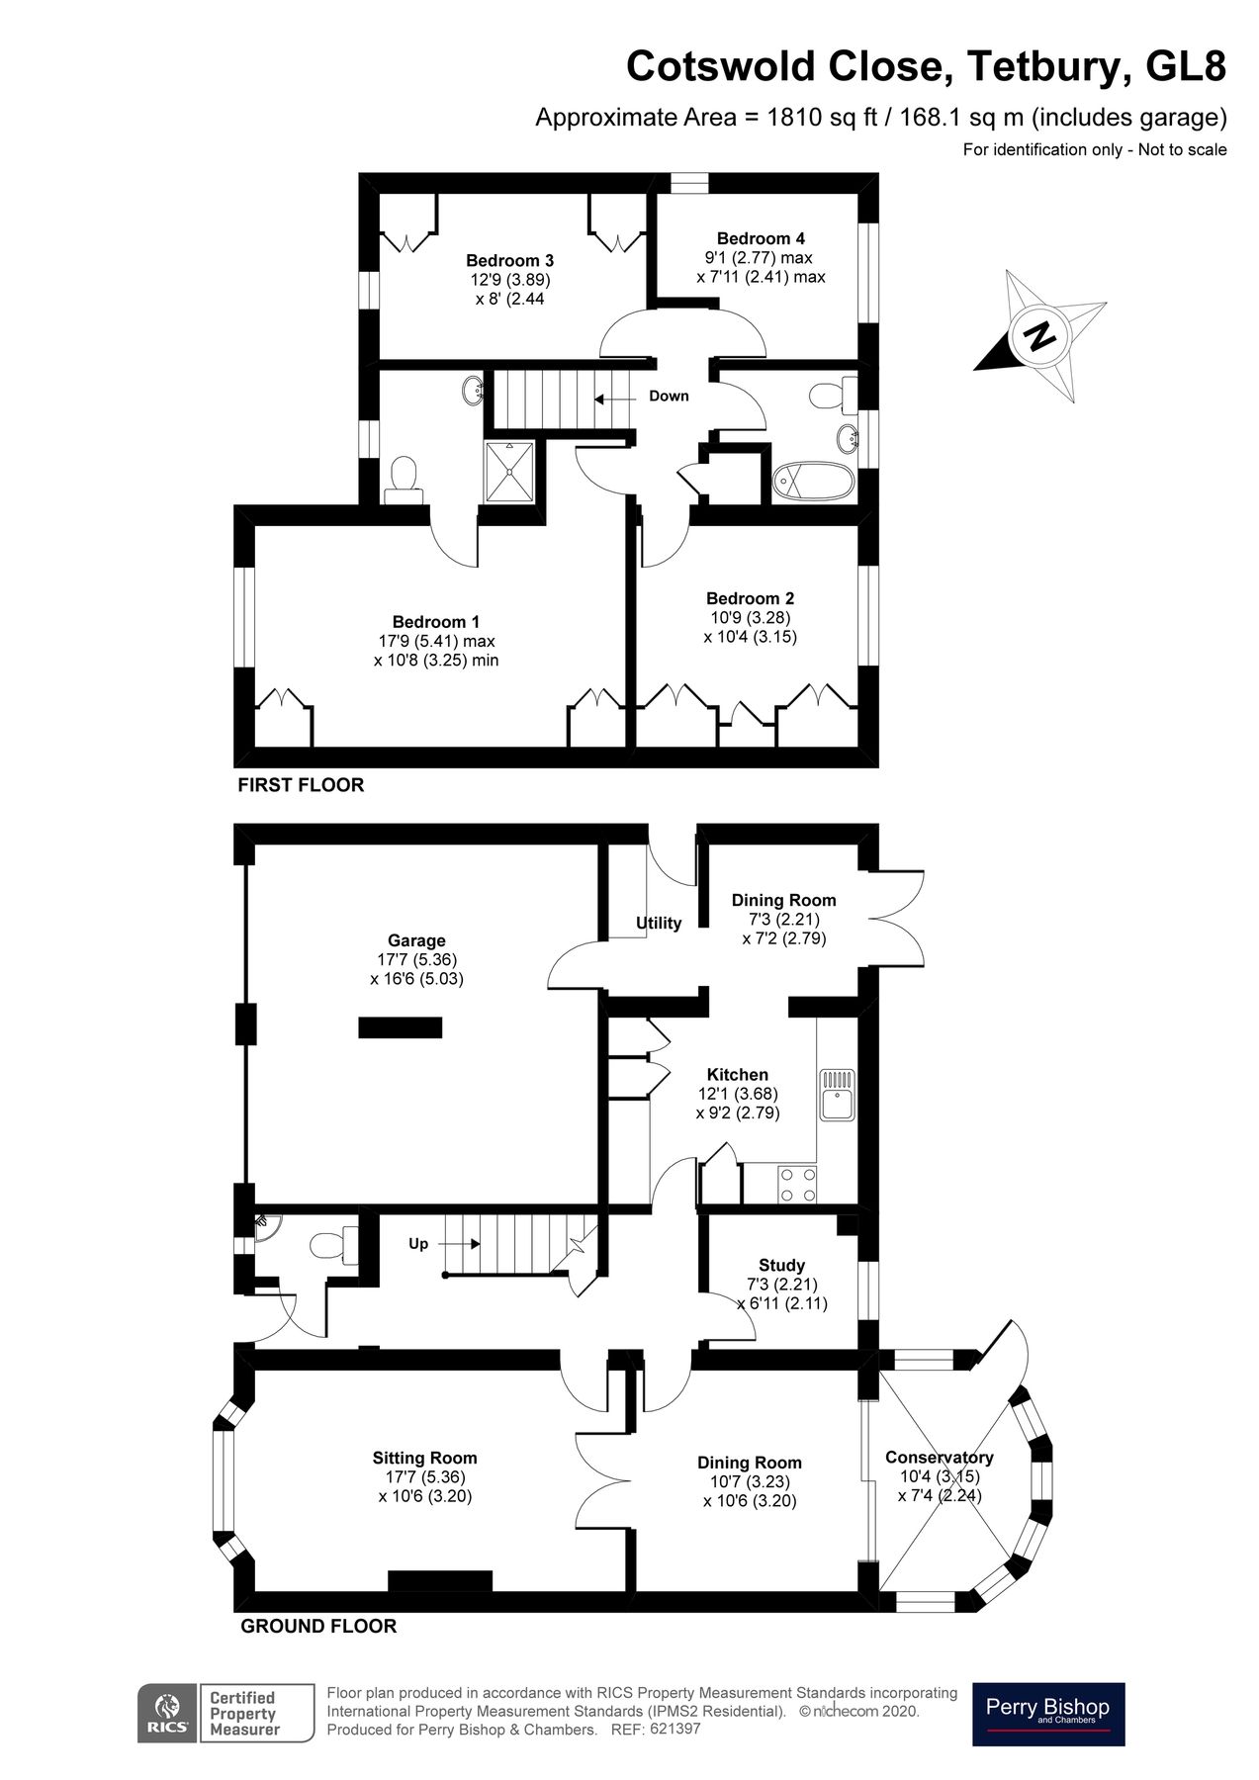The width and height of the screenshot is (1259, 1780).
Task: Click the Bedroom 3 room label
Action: [x=509, y=261]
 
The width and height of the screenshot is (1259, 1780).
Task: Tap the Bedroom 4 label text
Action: [x=760, y=238]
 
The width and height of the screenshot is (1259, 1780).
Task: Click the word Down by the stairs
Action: [x=669, y=397]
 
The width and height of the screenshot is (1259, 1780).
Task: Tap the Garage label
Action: [x=416, y=940]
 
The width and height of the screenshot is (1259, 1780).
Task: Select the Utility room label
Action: [x=659, y=923]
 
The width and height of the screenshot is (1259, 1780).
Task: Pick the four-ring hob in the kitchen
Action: [x=798, y=1184]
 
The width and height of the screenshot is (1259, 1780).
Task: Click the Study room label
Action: [x=781, y=1265]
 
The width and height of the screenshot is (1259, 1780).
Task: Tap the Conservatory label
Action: [x=939, y=1457]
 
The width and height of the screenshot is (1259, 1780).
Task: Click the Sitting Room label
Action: [x=424, y=1458]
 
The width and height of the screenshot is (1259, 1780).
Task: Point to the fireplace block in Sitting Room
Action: [x=439, y=1580]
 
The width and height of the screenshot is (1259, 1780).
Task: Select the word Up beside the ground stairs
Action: [x=418, y=1243]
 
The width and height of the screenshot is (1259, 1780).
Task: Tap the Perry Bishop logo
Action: [x=1048, y=1713]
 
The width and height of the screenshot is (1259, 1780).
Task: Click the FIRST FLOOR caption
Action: [x=301, y=785]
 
